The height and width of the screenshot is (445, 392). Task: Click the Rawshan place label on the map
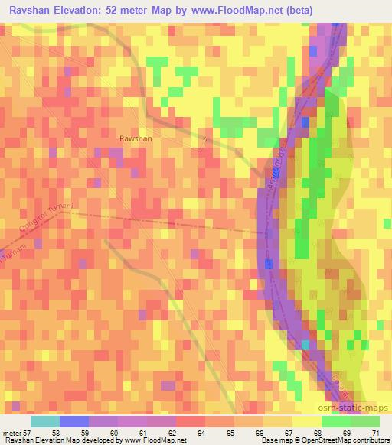136,138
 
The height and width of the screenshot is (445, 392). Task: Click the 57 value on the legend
29,433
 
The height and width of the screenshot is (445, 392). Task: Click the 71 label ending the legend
375,433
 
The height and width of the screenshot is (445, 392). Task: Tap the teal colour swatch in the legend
44,421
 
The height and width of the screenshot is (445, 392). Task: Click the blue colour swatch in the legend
73,421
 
